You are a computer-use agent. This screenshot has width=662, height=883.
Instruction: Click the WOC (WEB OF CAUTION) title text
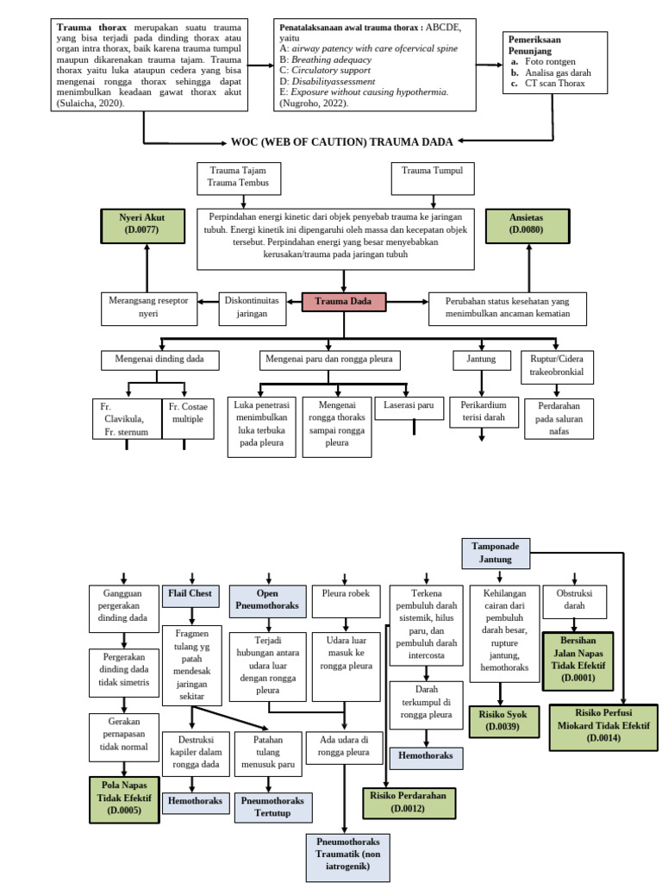(342, 141)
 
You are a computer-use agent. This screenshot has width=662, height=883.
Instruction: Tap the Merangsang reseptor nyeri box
(149, 309)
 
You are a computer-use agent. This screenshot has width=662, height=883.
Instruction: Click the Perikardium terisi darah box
(483, 410)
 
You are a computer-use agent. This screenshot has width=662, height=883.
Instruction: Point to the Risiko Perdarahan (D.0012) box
(408, 802)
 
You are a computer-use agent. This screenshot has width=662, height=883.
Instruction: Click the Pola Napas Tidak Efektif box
(124, 798)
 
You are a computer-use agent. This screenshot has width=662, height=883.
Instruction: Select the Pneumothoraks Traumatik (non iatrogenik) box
(348, 855)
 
